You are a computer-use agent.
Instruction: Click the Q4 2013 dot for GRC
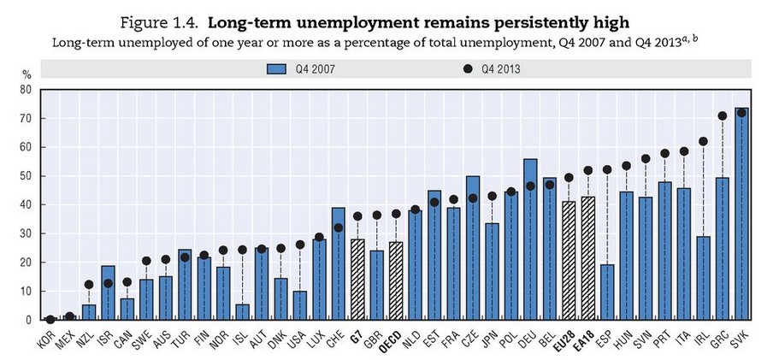pyautogui.click(x=723, y=115)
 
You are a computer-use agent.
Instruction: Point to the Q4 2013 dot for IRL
pyautogui.click(x=703, y=141)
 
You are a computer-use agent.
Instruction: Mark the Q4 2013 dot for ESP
pyautogui.click(x=607, y=169)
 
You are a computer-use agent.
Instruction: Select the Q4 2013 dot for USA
pyautogui.click(x=300, y=245)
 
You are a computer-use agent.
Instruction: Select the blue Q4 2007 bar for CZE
pyautogui.click(x=473, y=248)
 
